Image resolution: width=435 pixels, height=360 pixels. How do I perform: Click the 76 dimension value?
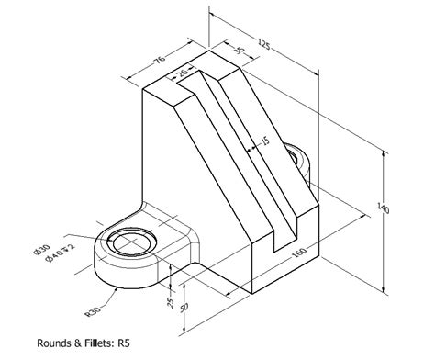pos(158,62)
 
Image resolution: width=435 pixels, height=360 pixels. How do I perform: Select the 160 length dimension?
pos(299,253)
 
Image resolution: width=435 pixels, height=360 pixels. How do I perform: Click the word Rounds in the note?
pos(56,344)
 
